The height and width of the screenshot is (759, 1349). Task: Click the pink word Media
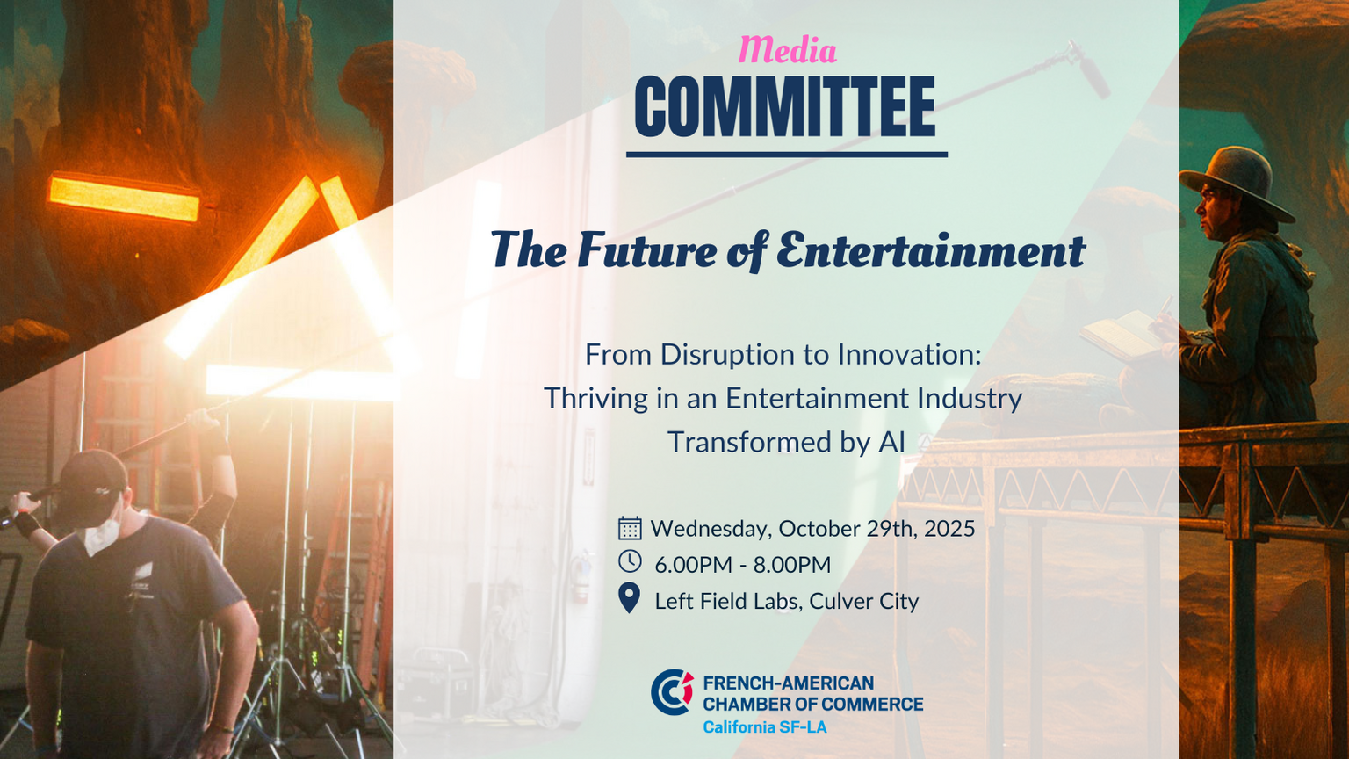pyautogui.click(x=787, y=49)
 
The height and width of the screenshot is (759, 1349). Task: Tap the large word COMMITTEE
pyautogui.click(x=785, y=107)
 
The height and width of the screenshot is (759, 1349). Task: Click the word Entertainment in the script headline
pyautogui.click(x=931, y=250)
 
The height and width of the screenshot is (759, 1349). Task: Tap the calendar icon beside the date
pyautogui.click(x=630, y=528)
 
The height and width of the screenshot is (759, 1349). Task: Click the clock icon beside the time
pyautogui.click(x=630, y=560)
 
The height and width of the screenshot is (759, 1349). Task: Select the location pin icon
pyautogui.click(x=630, y=598)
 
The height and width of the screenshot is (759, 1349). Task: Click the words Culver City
pyautogui.click(x=863, y=601)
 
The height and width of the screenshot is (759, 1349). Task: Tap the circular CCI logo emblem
pyautogui.click(x=672, y=691)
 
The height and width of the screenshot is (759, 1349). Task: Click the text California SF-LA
pyautogui.click(x=765, y=727)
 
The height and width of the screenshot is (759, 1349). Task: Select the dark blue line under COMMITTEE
pyautogui.click(x=787, y=155)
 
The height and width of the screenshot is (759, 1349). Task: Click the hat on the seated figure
pyautogui.click(x=1235, y=181)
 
